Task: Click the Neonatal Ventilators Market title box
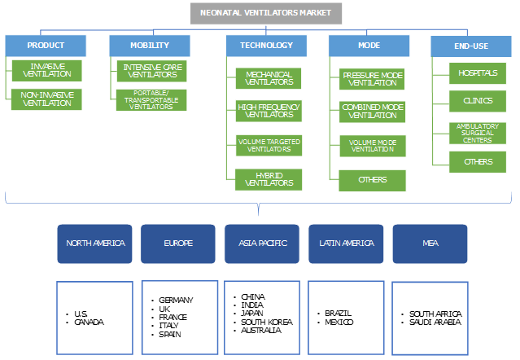pos(266,13)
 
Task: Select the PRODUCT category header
pos(45,45)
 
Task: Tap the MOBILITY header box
pos(150,45)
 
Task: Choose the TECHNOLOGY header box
pos(267,45)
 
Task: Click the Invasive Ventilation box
pos(47,69)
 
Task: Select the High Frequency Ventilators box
pos(269,111)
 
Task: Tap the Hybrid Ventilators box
pos(269,178)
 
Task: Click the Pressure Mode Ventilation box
pos(372,78)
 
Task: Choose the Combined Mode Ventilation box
pos(372,112)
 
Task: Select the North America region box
pos(94,244)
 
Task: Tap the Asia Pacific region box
pos(262,244)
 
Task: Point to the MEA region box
pos(430,244)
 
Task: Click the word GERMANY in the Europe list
pos(177,301)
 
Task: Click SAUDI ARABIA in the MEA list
pos(436,323)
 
